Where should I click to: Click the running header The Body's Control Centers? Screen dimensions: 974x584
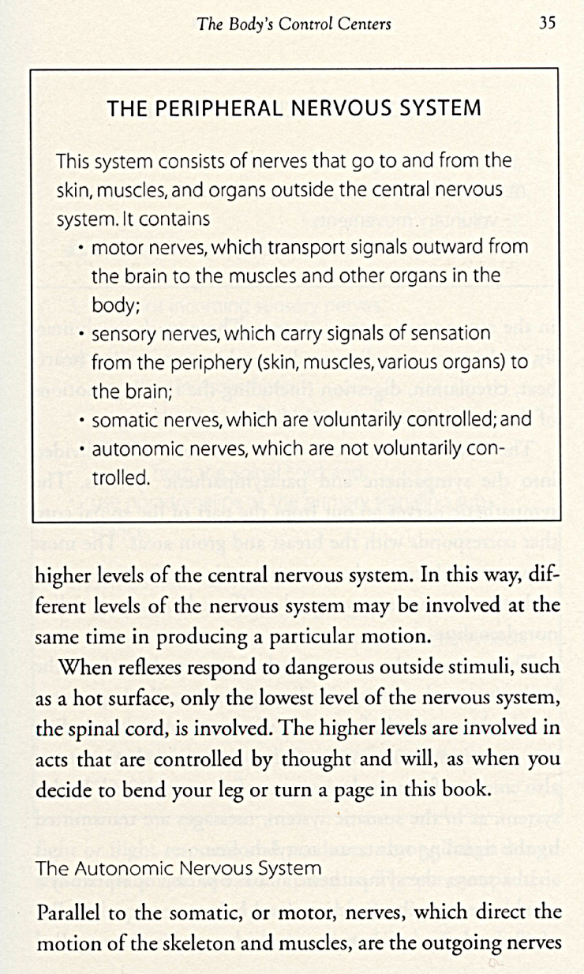point(294,24)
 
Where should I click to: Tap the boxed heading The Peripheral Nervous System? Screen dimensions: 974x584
point(294,108)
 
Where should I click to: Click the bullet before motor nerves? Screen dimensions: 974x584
point(83,248)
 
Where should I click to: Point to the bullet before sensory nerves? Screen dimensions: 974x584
point(83,335)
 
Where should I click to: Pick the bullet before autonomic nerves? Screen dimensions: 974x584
point(83,450)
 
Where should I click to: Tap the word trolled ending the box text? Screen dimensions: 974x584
point(121,478)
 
